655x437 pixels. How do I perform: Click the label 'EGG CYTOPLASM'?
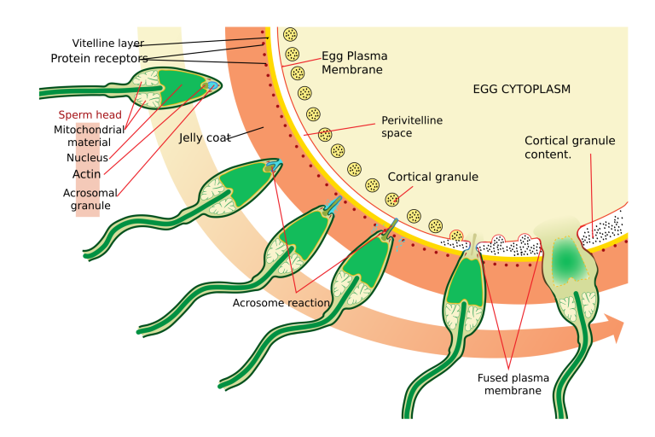click(521, 89)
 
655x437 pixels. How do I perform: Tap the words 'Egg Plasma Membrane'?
click(353, 62)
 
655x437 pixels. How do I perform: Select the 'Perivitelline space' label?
click(411, 126)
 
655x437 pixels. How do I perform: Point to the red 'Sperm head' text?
click(90, 114)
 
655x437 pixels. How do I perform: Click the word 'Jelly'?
click(190, 137)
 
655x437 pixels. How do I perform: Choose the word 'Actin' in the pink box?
click(87, 174)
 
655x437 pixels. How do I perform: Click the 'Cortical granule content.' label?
click(569, 148)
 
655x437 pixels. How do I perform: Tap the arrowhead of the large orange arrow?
click(616, 329)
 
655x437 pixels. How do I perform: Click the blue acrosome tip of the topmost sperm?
click(214, 84)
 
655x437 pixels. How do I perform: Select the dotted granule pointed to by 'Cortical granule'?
click(392, 199)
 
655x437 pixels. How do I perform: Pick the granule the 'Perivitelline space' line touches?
click(325, 134)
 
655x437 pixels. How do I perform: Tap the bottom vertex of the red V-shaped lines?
click(508, 369)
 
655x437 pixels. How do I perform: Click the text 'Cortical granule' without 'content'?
click(432, 177)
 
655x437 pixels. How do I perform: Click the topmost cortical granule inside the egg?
click(291, 35)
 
